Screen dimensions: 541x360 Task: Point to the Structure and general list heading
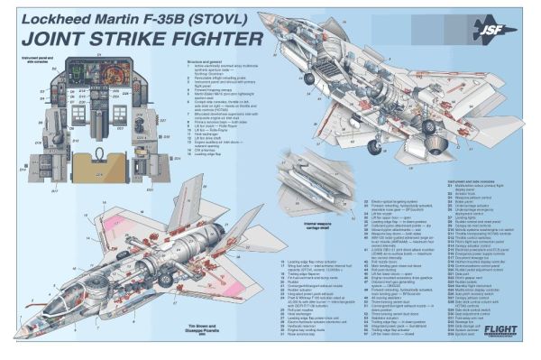pos(205,62)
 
